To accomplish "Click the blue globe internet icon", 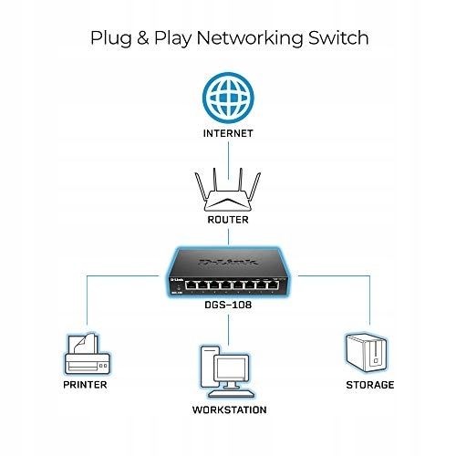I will (228, 97).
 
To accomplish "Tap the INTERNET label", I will (228, 132).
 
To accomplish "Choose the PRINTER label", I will (86, 385).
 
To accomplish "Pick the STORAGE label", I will (368, 385).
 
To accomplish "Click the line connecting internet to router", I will (228, 150).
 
